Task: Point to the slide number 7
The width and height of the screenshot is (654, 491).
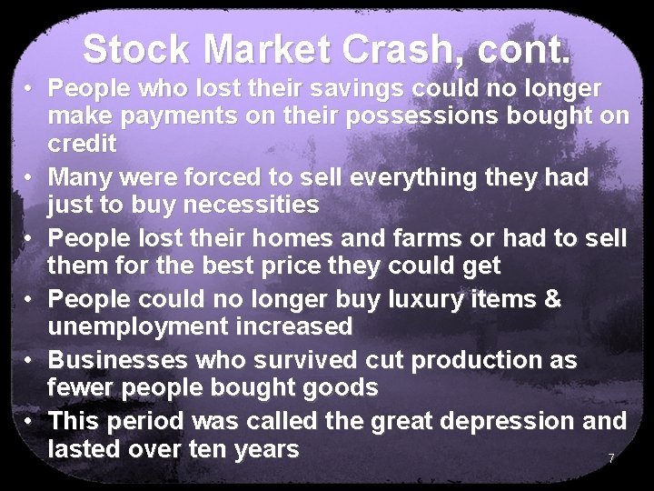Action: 611,458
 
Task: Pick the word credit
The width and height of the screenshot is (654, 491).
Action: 83,144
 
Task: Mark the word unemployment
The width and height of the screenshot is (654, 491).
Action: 142,325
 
